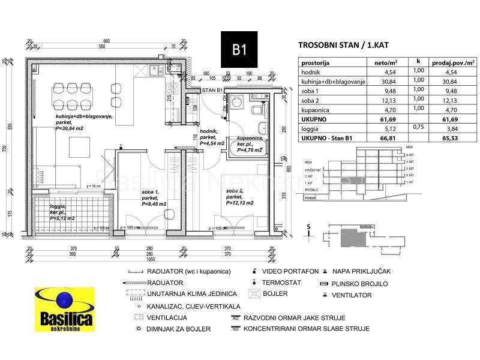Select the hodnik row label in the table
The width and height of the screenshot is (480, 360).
(313, 71)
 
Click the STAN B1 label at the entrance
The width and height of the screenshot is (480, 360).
(212, 90)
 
